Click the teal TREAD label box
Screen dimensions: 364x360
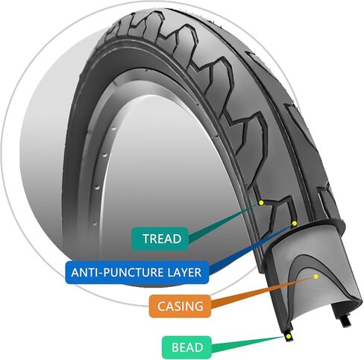coord(160,239)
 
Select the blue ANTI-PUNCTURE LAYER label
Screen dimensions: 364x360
coord(136,272)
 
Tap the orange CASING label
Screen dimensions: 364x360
coord(180,306)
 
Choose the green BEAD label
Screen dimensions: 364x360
coord(186,347)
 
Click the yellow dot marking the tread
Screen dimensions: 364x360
coord(261,203)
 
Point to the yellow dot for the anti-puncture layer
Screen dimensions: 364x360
coord(295,224)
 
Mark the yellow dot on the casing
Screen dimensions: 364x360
coord(316,277)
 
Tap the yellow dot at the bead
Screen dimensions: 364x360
coord(289,337)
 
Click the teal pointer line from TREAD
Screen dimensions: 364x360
coord(224,222)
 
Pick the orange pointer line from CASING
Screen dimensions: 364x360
coord(262,291)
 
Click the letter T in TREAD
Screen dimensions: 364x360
coord(146,239)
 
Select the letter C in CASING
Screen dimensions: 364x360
coord(162,306)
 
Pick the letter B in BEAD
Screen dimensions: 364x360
coord(175,347)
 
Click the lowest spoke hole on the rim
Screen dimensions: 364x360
coord(95,224)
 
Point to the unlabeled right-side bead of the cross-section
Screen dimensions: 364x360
coord(346,322)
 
